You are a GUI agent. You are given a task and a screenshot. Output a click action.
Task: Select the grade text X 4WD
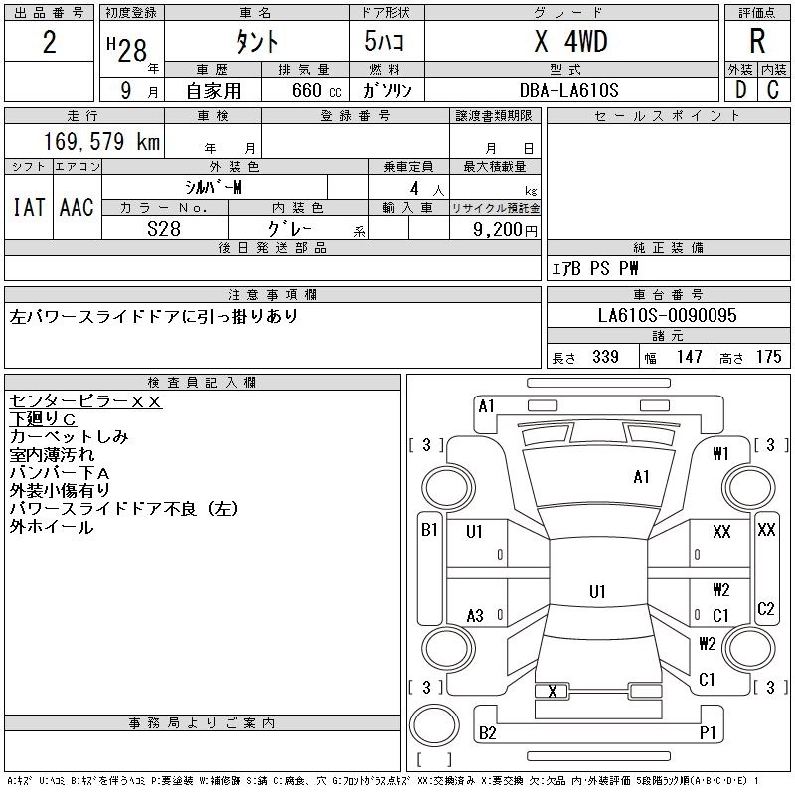(569, 41)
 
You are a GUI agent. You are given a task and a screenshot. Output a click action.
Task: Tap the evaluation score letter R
(757, 42)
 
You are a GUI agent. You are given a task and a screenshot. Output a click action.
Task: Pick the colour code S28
(165, 228)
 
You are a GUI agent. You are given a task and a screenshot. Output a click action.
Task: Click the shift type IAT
(29, 207)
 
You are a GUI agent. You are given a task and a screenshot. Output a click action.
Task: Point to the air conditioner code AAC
(77, 207)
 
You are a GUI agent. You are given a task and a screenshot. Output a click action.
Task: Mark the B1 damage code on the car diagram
(429, 530)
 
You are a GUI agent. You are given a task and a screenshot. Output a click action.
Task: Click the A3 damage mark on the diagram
(475, 616)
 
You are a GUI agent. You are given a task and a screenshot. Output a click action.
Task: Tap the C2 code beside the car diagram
(765, 609)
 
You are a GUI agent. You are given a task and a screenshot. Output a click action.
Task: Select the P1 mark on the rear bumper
(708, 733)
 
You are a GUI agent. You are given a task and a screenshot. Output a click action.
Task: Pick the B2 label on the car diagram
(487, 733)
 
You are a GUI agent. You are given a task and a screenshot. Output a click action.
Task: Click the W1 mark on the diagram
(721, 454)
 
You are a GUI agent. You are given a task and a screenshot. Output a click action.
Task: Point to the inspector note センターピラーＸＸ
(85, 401)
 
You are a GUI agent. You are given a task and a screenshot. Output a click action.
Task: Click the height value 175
(768, 357)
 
